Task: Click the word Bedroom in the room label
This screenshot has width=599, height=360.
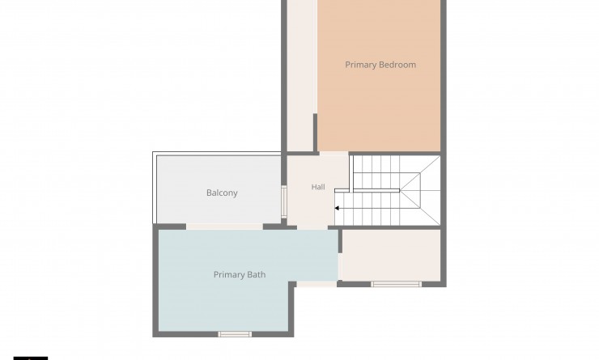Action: (x=398, y=65)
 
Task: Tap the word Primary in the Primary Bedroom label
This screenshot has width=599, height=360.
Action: (x=361, y=65)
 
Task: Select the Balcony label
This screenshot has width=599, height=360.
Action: (x=222, y=193)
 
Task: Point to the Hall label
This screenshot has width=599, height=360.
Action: (x=318, y=187)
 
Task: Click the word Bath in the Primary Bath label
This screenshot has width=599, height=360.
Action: (x=257, y=274)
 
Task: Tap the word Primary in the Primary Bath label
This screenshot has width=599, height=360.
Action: (x=229, y=275)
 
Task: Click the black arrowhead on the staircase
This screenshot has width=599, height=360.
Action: (x=337, y=208)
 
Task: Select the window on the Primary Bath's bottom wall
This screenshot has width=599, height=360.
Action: (x=235, y=334)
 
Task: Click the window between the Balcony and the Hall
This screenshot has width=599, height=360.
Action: (x=284, y=201)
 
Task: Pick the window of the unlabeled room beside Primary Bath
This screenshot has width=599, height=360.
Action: (x=396, y=284)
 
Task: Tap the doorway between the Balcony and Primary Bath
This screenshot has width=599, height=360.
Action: (x=225, y=227)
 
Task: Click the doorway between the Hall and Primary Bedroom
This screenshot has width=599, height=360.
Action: (x=333, y=154)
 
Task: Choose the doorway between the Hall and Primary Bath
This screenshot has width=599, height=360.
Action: (x=312, y=227)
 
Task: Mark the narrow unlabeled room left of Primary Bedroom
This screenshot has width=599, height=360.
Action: (x=301, y=75)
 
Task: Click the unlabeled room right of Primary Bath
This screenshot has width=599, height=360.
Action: (x=391, y=256)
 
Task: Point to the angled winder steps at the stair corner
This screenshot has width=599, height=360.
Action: (x=420, y=190)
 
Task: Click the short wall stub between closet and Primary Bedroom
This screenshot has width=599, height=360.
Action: (x=315, y=133)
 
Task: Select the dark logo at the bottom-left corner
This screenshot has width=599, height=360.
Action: (x=31, y=358)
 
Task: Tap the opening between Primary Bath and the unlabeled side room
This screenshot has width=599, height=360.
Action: (x=340, y=266)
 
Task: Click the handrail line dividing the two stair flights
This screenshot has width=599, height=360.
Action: (x=367, y=190)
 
